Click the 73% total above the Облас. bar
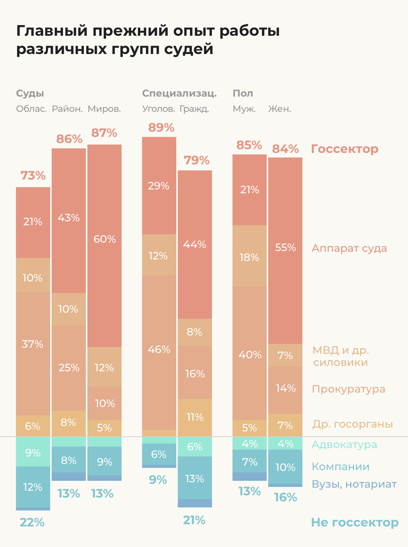click(x=33, y=176)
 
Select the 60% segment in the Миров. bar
click(x=104, y=240)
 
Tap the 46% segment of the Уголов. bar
click(x=159, y=350)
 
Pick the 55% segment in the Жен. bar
click(x=285, y=248)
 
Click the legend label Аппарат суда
click(x=349, y=248)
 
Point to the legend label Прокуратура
click(x=348, y=389)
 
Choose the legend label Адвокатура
click(x=344, y=445)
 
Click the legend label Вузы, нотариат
click(x=354, y=484)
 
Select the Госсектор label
click(x=345, y=149)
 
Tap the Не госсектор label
click(x=355, y=522)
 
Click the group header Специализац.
click(x=179, y=94)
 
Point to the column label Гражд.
click(x=194, y=109)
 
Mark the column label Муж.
click(x=244, y=109)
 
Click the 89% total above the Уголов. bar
click(x=161, y=127)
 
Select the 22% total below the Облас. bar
click(x=32, y=523)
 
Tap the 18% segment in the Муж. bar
click(x=249, y=258)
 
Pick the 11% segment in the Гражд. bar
click(x=195, y=417)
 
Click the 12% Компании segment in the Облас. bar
click(x=33, y=487)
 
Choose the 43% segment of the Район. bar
click(x=69, y=218)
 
